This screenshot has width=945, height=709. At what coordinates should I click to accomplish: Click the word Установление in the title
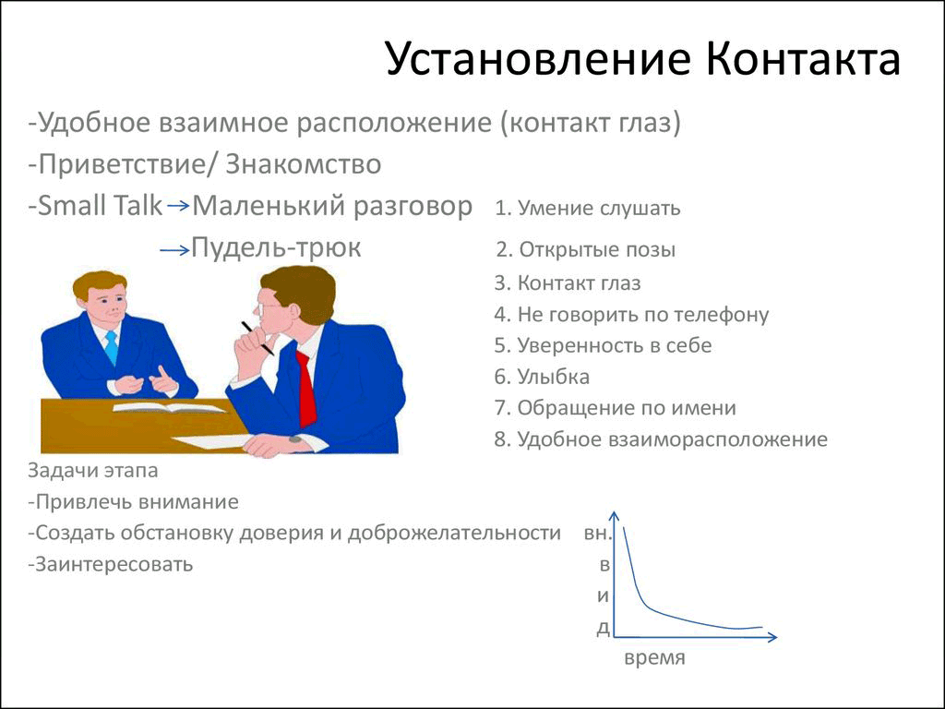point(537,59)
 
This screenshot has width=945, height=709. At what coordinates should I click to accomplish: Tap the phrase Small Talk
point(100,206)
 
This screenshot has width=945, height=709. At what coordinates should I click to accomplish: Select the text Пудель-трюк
point(276,247)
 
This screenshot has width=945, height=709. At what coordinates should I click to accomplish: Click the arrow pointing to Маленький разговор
point(178,206)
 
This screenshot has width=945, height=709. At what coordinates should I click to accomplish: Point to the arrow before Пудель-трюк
point(174,249)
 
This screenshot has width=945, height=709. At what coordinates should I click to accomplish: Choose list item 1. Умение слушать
point(588,208)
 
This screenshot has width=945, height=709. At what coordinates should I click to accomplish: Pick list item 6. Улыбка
point(542,377)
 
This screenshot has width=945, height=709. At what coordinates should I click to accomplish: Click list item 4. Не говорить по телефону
point(631,315)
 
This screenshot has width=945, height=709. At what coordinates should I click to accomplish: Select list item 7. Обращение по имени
point(616,408)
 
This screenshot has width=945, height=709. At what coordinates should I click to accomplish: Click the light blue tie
point(112,347)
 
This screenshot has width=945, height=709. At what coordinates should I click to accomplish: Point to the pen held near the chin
point(257,338)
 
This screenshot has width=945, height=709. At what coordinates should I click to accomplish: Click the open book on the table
point(170,407)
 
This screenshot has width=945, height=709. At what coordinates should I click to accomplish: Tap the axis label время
point(654,657)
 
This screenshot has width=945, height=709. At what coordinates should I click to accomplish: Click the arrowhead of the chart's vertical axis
point(614,514)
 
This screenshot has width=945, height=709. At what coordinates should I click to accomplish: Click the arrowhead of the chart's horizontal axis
point(773,637)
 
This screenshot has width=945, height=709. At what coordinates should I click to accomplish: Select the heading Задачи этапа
point(93,470)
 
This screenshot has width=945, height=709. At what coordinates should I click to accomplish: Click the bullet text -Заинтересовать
point(111,564)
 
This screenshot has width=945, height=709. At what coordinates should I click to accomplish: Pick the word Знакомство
point(303,164)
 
